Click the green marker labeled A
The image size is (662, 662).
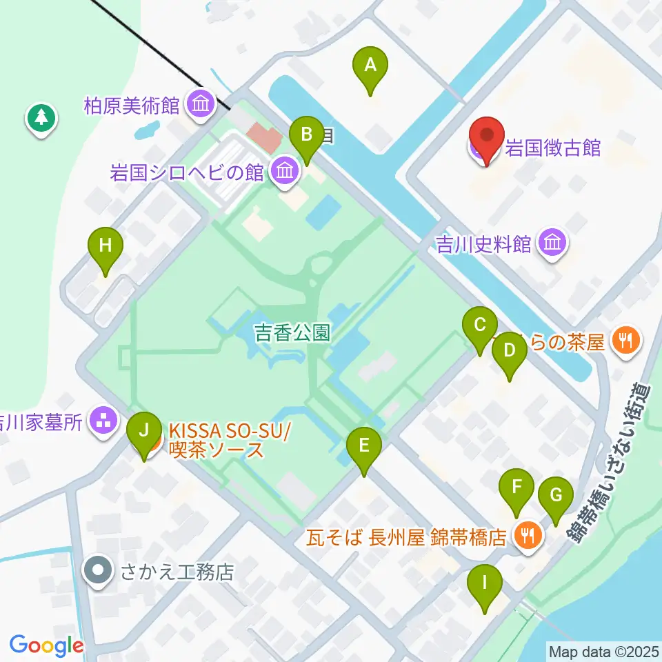pyautogui.click(x=370, y=66)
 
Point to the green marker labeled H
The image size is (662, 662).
pyautogui.click(x=106, y=245)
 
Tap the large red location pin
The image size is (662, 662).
pyautogui.click(x=487, y=137)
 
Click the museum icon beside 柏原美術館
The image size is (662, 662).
pyautogui.click(x=201, y=106)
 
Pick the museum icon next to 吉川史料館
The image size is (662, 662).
pyautogui.click(x=553, y=243)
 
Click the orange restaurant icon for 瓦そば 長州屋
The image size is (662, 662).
pyautogui.click(x=529, y=535)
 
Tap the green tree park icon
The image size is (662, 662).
pyautogui.click(x=42, y=117)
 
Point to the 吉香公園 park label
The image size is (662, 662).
pyautogui.click(x=292, y=334)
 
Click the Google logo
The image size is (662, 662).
pyautogui.click(x=46, y=645)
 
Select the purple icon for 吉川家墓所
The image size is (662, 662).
pyautogui.click(x=104, y=422)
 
